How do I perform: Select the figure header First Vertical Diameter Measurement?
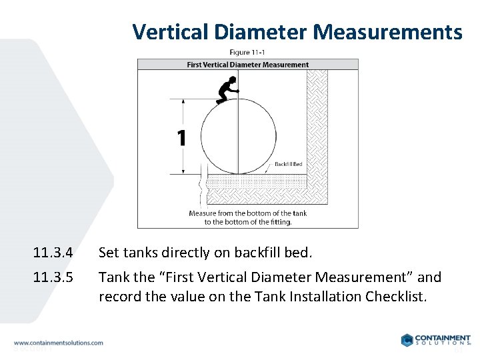[247, 65]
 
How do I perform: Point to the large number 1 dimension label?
[181, 138]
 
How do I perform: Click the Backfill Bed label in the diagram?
[289, 164]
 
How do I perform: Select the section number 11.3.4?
[52, 253]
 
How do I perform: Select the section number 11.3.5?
[52, 277]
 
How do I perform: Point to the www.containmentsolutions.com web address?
[58, 343]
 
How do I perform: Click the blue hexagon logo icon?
[407, 340]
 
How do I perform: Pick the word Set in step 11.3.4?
[109, 253]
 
